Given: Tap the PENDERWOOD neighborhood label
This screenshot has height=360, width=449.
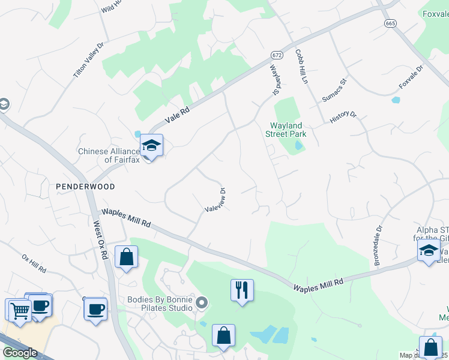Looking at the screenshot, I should coord(85,187).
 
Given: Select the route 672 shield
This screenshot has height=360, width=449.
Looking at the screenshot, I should coord(276,54).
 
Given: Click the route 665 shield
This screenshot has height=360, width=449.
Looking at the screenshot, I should coord(391,23).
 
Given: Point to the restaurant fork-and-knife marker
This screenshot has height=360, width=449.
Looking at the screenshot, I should coord(242,290).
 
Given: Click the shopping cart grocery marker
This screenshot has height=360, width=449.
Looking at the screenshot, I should coord(20,310).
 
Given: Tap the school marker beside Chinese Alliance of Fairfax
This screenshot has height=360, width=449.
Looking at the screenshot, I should coord(151,145).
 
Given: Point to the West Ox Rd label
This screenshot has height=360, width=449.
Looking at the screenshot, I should coord(100,241).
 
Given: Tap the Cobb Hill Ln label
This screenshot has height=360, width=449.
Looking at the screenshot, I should coord(301,67).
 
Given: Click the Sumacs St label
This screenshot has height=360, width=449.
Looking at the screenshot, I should coord(334,90).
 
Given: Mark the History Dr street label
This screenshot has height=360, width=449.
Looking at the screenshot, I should coord(343,117).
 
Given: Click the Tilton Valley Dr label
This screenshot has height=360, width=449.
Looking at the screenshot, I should coord(89,59).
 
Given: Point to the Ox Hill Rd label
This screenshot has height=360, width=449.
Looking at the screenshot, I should coord(34,263).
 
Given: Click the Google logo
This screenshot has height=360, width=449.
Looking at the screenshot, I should coord(20,353).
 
